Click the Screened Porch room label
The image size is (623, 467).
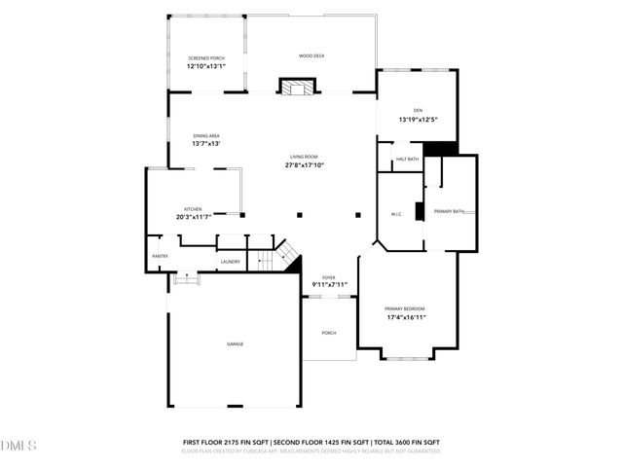205,58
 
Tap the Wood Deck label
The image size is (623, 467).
311,56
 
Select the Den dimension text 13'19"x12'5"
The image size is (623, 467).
419,120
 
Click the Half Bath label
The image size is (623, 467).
407,160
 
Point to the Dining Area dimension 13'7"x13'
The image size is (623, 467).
205,144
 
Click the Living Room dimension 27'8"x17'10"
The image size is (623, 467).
304,165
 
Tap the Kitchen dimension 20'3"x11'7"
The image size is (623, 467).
194,216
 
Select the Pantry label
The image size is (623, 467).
160,256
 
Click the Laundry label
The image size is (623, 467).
230,262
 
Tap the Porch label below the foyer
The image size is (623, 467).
329,333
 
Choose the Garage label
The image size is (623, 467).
236,344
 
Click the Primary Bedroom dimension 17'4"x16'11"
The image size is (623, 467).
407,317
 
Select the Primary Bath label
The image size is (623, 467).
449,211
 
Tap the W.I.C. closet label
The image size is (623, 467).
396,215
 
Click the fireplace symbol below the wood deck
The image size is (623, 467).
296,88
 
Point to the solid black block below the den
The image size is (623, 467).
443,149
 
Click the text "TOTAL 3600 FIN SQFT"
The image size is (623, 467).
400,443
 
